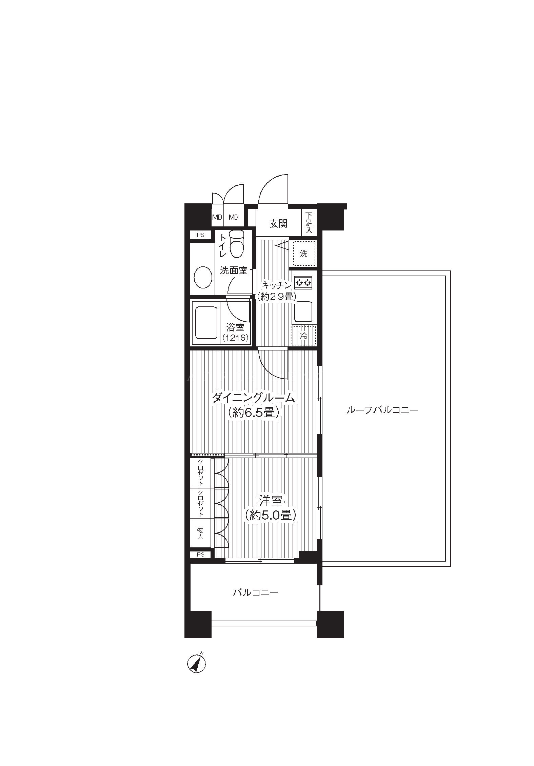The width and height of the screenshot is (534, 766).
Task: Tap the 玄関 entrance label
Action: tap(278, 224)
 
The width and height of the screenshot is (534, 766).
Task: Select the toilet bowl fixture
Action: tap(236, 244)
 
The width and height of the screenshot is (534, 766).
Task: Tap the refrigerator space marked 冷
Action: tap(304, 335)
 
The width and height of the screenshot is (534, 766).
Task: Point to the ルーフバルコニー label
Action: tap(382, 410)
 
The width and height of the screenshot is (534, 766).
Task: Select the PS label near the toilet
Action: tap(200, 235)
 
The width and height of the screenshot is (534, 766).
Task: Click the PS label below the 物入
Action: tap(200, 555)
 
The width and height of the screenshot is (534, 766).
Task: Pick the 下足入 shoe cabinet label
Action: tap(309, 223)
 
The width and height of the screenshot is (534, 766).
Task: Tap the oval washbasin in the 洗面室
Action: tap(203, 277)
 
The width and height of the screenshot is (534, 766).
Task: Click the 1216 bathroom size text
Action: tap(236, 338)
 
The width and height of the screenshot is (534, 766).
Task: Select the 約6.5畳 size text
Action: tap(254, 412)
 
